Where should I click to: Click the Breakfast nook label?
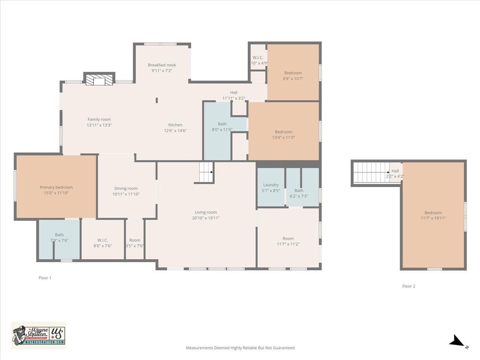click(x=162, y=65)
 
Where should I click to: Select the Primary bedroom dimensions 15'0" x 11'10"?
click(x=56, y=193)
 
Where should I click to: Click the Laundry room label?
click(x=271, y=185)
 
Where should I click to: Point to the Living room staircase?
click(x=206, y=172)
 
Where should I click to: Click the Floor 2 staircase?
click(x=371, y=172)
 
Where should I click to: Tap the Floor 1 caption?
click(x=45, y=278)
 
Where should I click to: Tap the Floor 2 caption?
click(x=409, y=286)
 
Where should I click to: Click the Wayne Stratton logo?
click(x=38, y=335)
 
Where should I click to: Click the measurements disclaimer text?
click(x=240, y=348)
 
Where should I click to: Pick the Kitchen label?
click(x=175, y=125)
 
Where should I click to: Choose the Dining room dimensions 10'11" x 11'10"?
click(x=126, y=194)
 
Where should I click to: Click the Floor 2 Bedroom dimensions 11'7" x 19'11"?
click(x=433, y=218)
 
